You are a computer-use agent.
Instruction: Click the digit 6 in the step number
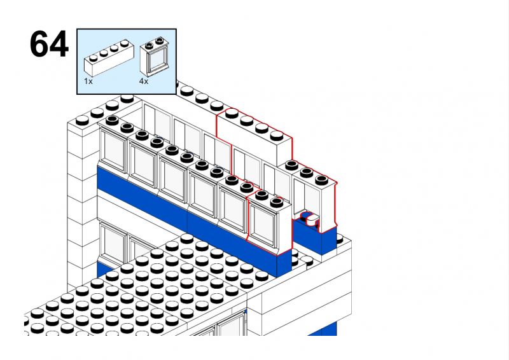point(39,45)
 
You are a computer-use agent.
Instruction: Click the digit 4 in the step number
point(58,45)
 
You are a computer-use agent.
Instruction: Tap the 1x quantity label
point(88,81)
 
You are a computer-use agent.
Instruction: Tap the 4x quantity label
point(144,81)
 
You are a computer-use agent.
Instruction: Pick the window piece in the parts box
point(153,57)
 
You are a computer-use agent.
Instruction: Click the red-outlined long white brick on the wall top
point(254,137)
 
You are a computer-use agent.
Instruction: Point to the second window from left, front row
point(143,163)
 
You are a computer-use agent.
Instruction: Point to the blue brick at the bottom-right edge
point(329,329)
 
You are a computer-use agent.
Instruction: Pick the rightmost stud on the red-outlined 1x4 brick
point(277,135)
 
